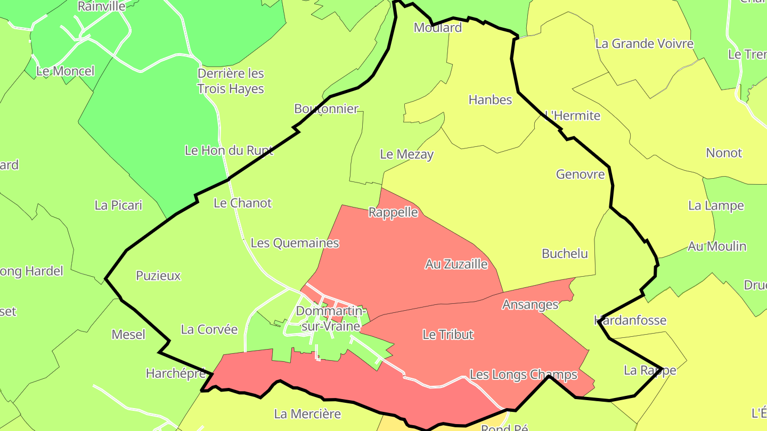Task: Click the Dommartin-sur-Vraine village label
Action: tap(331, 318)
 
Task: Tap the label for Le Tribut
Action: tap(448, 335)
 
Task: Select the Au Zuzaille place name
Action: tap(456, 264)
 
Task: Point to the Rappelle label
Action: tap(393, 212)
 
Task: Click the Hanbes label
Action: tap(490, 100)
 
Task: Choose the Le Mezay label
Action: tap(406, 154)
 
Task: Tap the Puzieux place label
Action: tap(158, 276)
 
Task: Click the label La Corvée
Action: tap(209, 329)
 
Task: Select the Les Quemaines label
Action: tap(295, 243)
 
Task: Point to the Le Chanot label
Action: tap(242, 203)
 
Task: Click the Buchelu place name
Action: tap(565, 253)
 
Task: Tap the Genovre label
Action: tap(580, 174)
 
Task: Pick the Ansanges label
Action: tap(530, 304)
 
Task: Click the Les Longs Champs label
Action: tap(523, 375)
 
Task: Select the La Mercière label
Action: tap(307, 413)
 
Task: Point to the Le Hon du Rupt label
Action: tap(229, 150)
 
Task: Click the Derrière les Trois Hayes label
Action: tap(231, 81)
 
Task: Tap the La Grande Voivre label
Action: tap(644, 44)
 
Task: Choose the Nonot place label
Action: tap(723, 153)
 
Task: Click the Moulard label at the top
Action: tap(438, 28)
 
